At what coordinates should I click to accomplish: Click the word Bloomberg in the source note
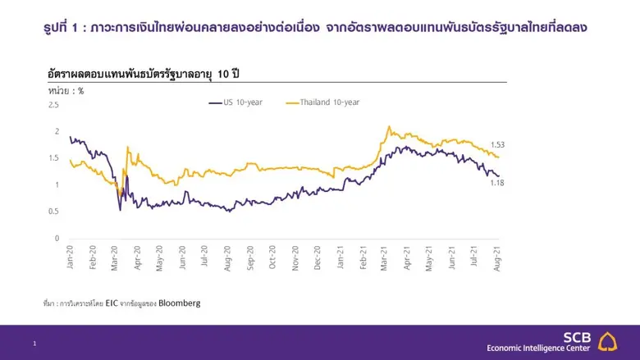point(180,303)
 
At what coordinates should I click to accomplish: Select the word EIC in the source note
point(112,303)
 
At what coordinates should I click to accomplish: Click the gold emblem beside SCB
point(608,341)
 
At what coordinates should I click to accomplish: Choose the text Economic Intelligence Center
point(538,348)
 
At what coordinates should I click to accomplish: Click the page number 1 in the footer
point(34,344)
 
